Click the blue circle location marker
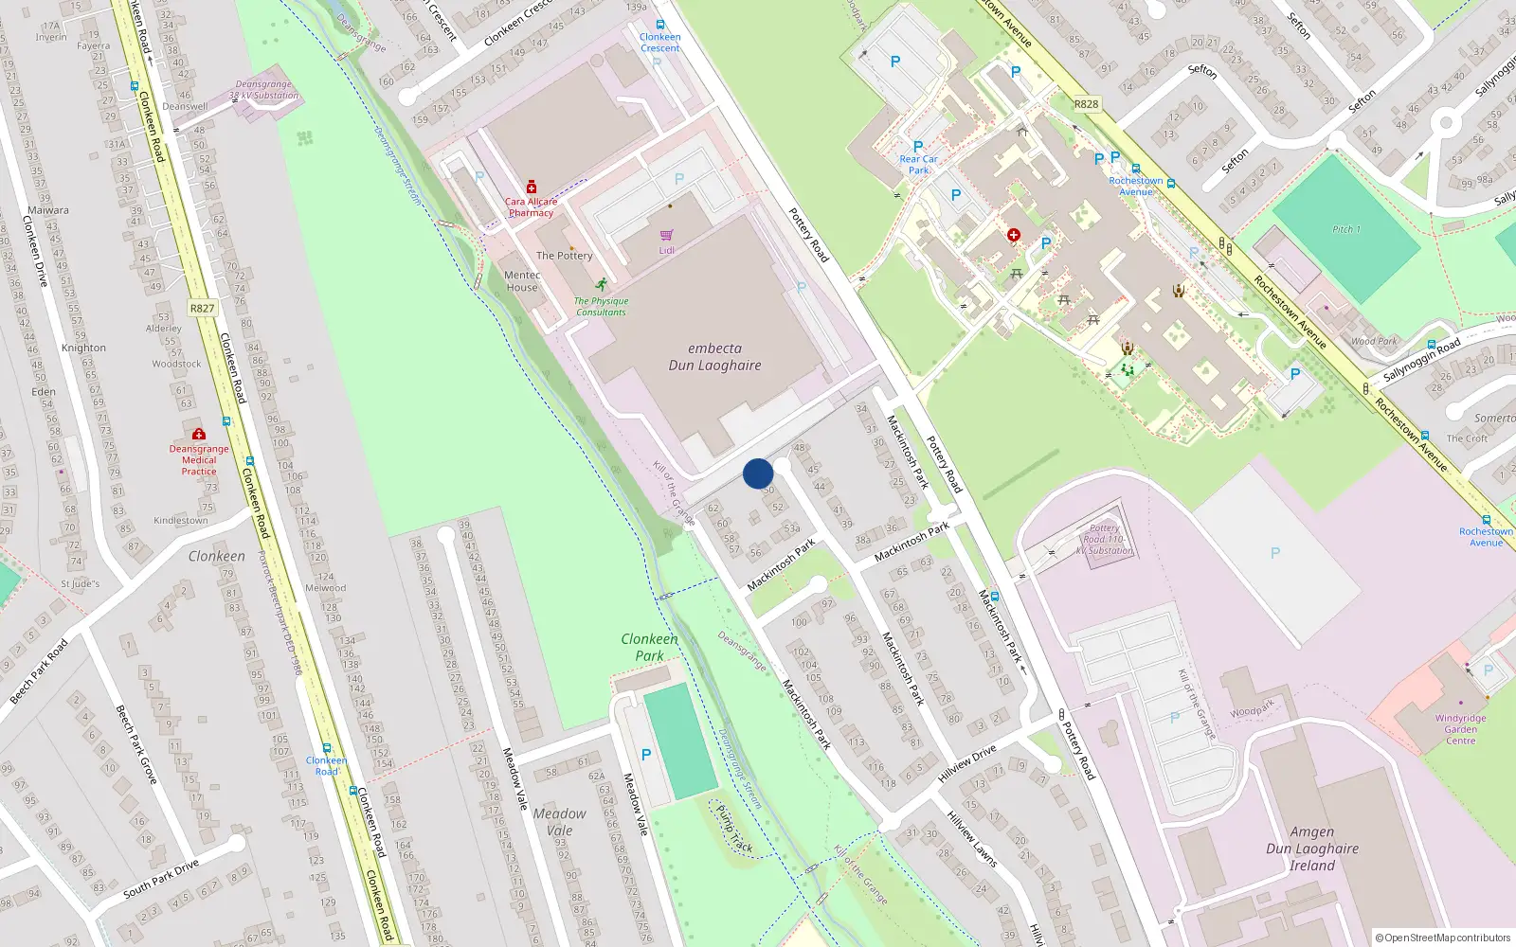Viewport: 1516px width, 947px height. point(758,473)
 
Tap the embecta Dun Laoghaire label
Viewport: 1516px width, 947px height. point(714,357)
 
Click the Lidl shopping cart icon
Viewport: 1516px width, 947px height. point(667,235)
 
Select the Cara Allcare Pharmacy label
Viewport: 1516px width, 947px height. point(531,206)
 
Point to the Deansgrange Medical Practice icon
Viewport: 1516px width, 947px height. point(199,434)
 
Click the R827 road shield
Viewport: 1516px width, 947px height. point(202,308)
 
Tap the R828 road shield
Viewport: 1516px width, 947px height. point(1086,104)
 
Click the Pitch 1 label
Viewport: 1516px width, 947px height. point(1345,229)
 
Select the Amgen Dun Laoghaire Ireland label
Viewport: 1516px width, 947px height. point(1312,849)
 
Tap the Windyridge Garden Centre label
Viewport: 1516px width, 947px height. point(1460,729)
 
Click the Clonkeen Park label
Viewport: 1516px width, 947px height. point(649,647)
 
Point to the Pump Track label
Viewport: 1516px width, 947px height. point(734,829)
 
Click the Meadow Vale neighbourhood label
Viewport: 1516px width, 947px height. point(559,821)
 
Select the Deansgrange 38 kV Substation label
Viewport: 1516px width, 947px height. point(263,90)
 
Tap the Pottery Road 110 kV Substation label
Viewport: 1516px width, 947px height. point(1105,540)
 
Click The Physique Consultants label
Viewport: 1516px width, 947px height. point(602,306)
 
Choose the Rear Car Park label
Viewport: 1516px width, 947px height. point(918,165)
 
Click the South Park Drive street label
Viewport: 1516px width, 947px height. point(161,879)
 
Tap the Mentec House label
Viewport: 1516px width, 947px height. point(522,281)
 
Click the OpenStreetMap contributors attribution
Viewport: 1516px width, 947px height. point(1443,938)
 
